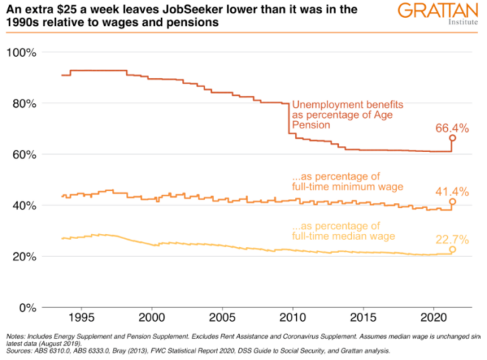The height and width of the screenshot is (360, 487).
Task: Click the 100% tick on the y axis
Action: [x=24, y=53]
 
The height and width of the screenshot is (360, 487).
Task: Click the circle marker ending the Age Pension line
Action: [x=452, y=138]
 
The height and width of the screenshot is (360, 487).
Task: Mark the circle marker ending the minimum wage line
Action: [x=452, y=201]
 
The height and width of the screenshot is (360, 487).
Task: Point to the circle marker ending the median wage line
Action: [x=452, y=249]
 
